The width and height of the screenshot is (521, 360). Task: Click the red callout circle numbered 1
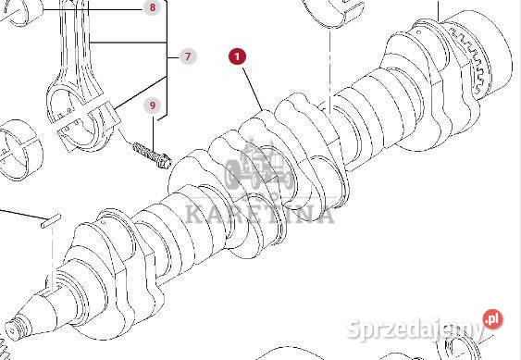pos(237,56)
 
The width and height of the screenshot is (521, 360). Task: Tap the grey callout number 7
pos(188,56)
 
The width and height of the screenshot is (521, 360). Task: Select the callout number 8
pos(153,7)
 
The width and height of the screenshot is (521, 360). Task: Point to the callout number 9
pos(153,106)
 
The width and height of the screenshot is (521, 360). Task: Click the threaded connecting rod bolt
pos(152,155)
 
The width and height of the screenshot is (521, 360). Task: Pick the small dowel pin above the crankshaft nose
pos(51,221)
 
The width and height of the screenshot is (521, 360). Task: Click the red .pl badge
pos(492,318)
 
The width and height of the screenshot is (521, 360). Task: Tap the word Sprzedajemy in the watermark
pos(415,329)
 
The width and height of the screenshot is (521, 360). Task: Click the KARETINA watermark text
pos(259,214)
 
